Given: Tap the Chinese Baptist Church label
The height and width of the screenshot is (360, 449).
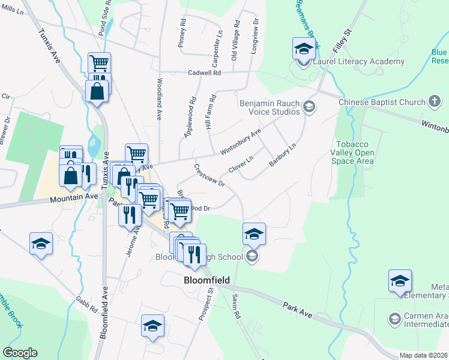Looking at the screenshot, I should point(382,103).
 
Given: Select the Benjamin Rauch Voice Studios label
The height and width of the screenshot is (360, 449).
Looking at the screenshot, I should point(270,107).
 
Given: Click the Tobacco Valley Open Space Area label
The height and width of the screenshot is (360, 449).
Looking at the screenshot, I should point(355,153).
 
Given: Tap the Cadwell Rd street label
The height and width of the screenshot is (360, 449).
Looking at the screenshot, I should point(205,72).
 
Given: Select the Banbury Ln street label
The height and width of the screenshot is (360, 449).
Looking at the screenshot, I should point(284,155).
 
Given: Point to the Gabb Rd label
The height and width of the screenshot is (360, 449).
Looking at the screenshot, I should point(86,305).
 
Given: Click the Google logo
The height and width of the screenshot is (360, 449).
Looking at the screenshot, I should point(20,352).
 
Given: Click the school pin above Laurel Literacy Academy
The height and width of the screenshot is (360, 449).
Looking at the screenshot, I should point(304,48).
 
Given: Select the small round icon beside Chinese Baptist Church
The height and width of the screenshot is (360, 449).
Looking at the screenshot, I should point(435,103).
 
